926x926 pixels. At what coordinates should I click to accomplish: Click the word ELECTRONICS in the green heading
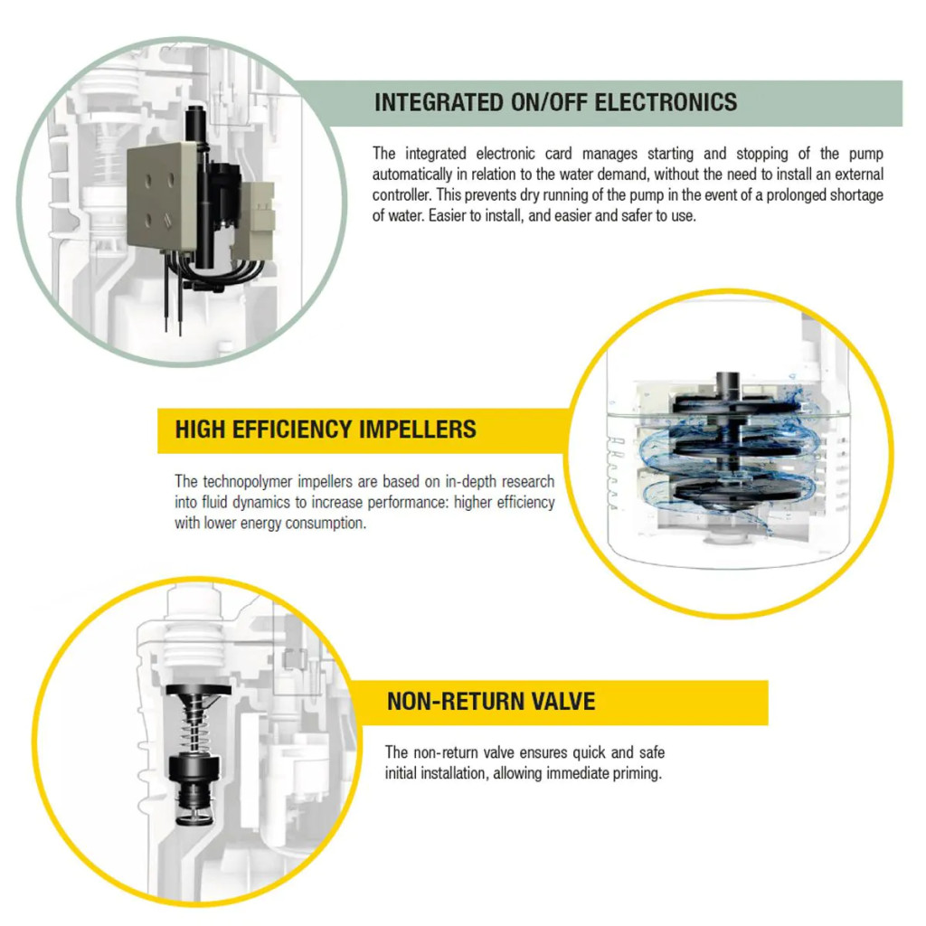coord(666,102)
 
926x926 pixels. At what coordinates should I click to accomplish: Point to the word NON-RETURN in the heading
coord(455,702)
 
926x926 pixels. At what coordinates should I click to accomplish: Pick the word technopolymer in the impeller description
coord(248,482)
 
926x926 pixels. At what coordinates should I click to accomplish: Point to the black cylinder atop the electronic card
coord(195,123)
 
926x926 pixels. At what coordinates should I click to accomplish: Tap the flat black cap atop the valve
coord(198,690)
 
